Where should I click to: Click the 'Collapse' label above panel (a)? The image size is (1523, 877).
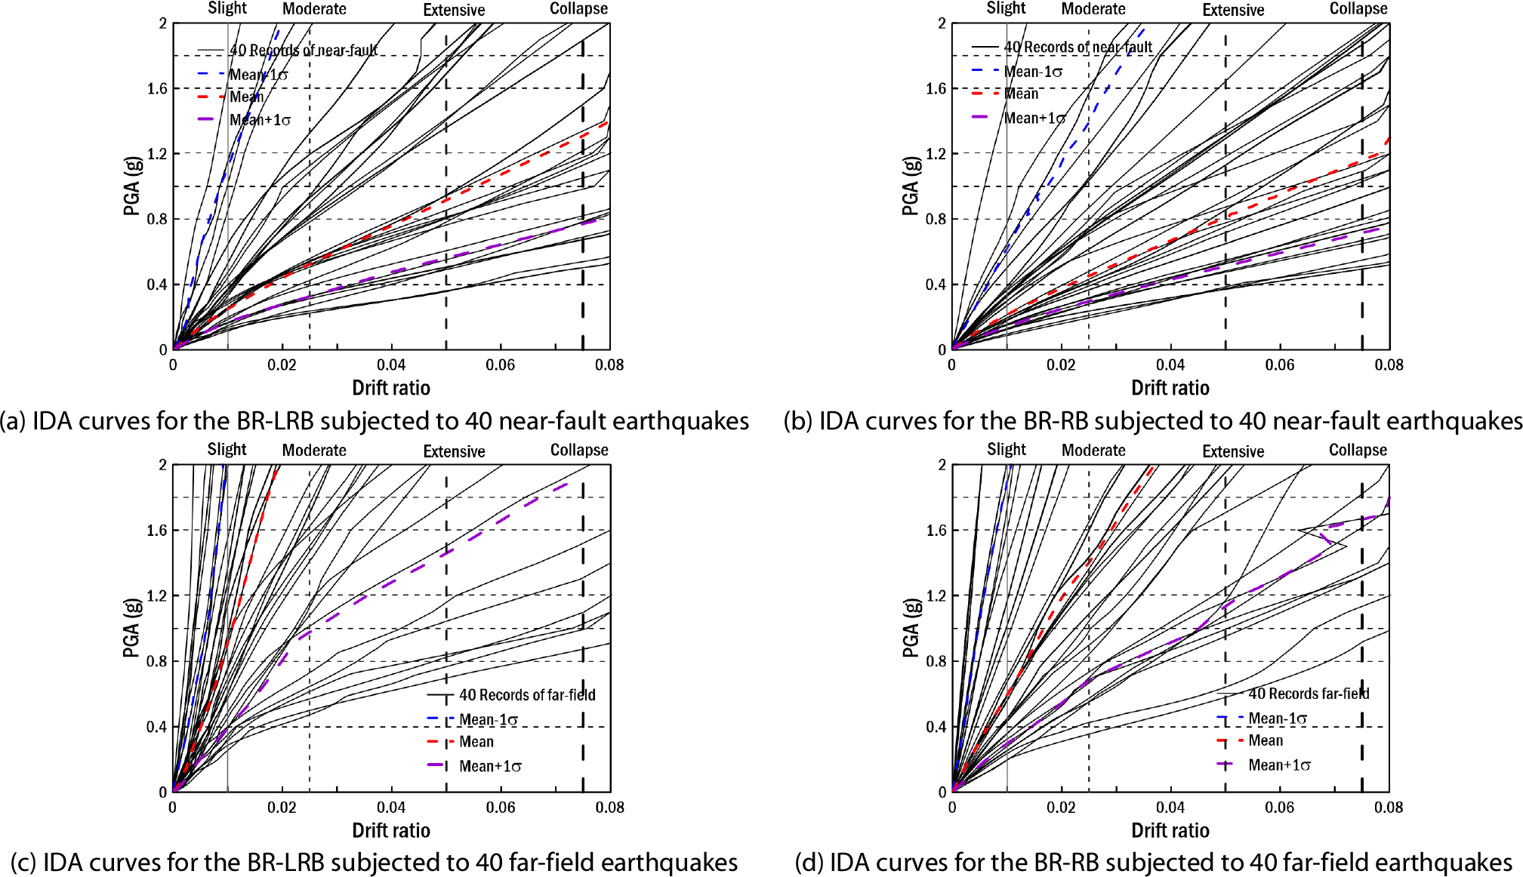[578, 9]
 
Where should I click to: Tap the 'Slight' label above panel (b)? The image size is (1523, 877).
[1006, 8]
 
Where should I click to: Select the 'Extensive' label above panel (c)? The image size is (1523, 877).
[454, 451]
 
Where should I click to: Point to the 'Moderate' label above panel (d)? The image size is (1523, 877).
[1093, 451]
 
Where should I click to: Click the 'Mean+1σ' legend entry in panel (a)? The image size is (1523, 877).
[260, 120]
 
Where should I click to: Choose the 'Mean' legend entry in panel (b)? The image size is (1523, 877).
[1021, 94]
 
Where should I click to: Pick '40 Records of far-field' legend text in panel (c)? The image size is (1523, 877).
[527, 695]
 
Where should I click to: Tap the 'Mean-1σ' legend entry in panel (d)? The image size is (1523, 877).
[1277, 719]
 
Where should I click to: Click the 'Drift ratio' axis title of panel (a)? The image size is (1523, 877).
[391, 388]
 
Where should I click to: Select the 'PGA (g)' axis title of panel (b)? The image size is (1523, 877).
[910, 186]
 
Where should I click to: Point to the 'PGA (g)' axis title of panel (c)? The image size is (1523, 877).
[131, 628]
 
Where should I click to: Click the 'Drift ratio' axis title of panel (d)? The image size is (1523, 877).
[1170, 830]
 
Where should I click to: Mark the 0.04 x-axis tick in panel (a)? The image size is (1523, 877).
[391, 365]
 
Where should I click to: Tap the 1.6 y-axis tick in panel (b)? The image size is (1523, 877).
[936, 89]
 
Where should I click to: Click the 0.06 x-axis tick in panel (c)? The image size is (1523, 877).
[501, 808]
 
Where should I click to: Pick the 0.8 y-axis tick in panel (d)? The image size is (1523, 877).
[936, 661]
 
